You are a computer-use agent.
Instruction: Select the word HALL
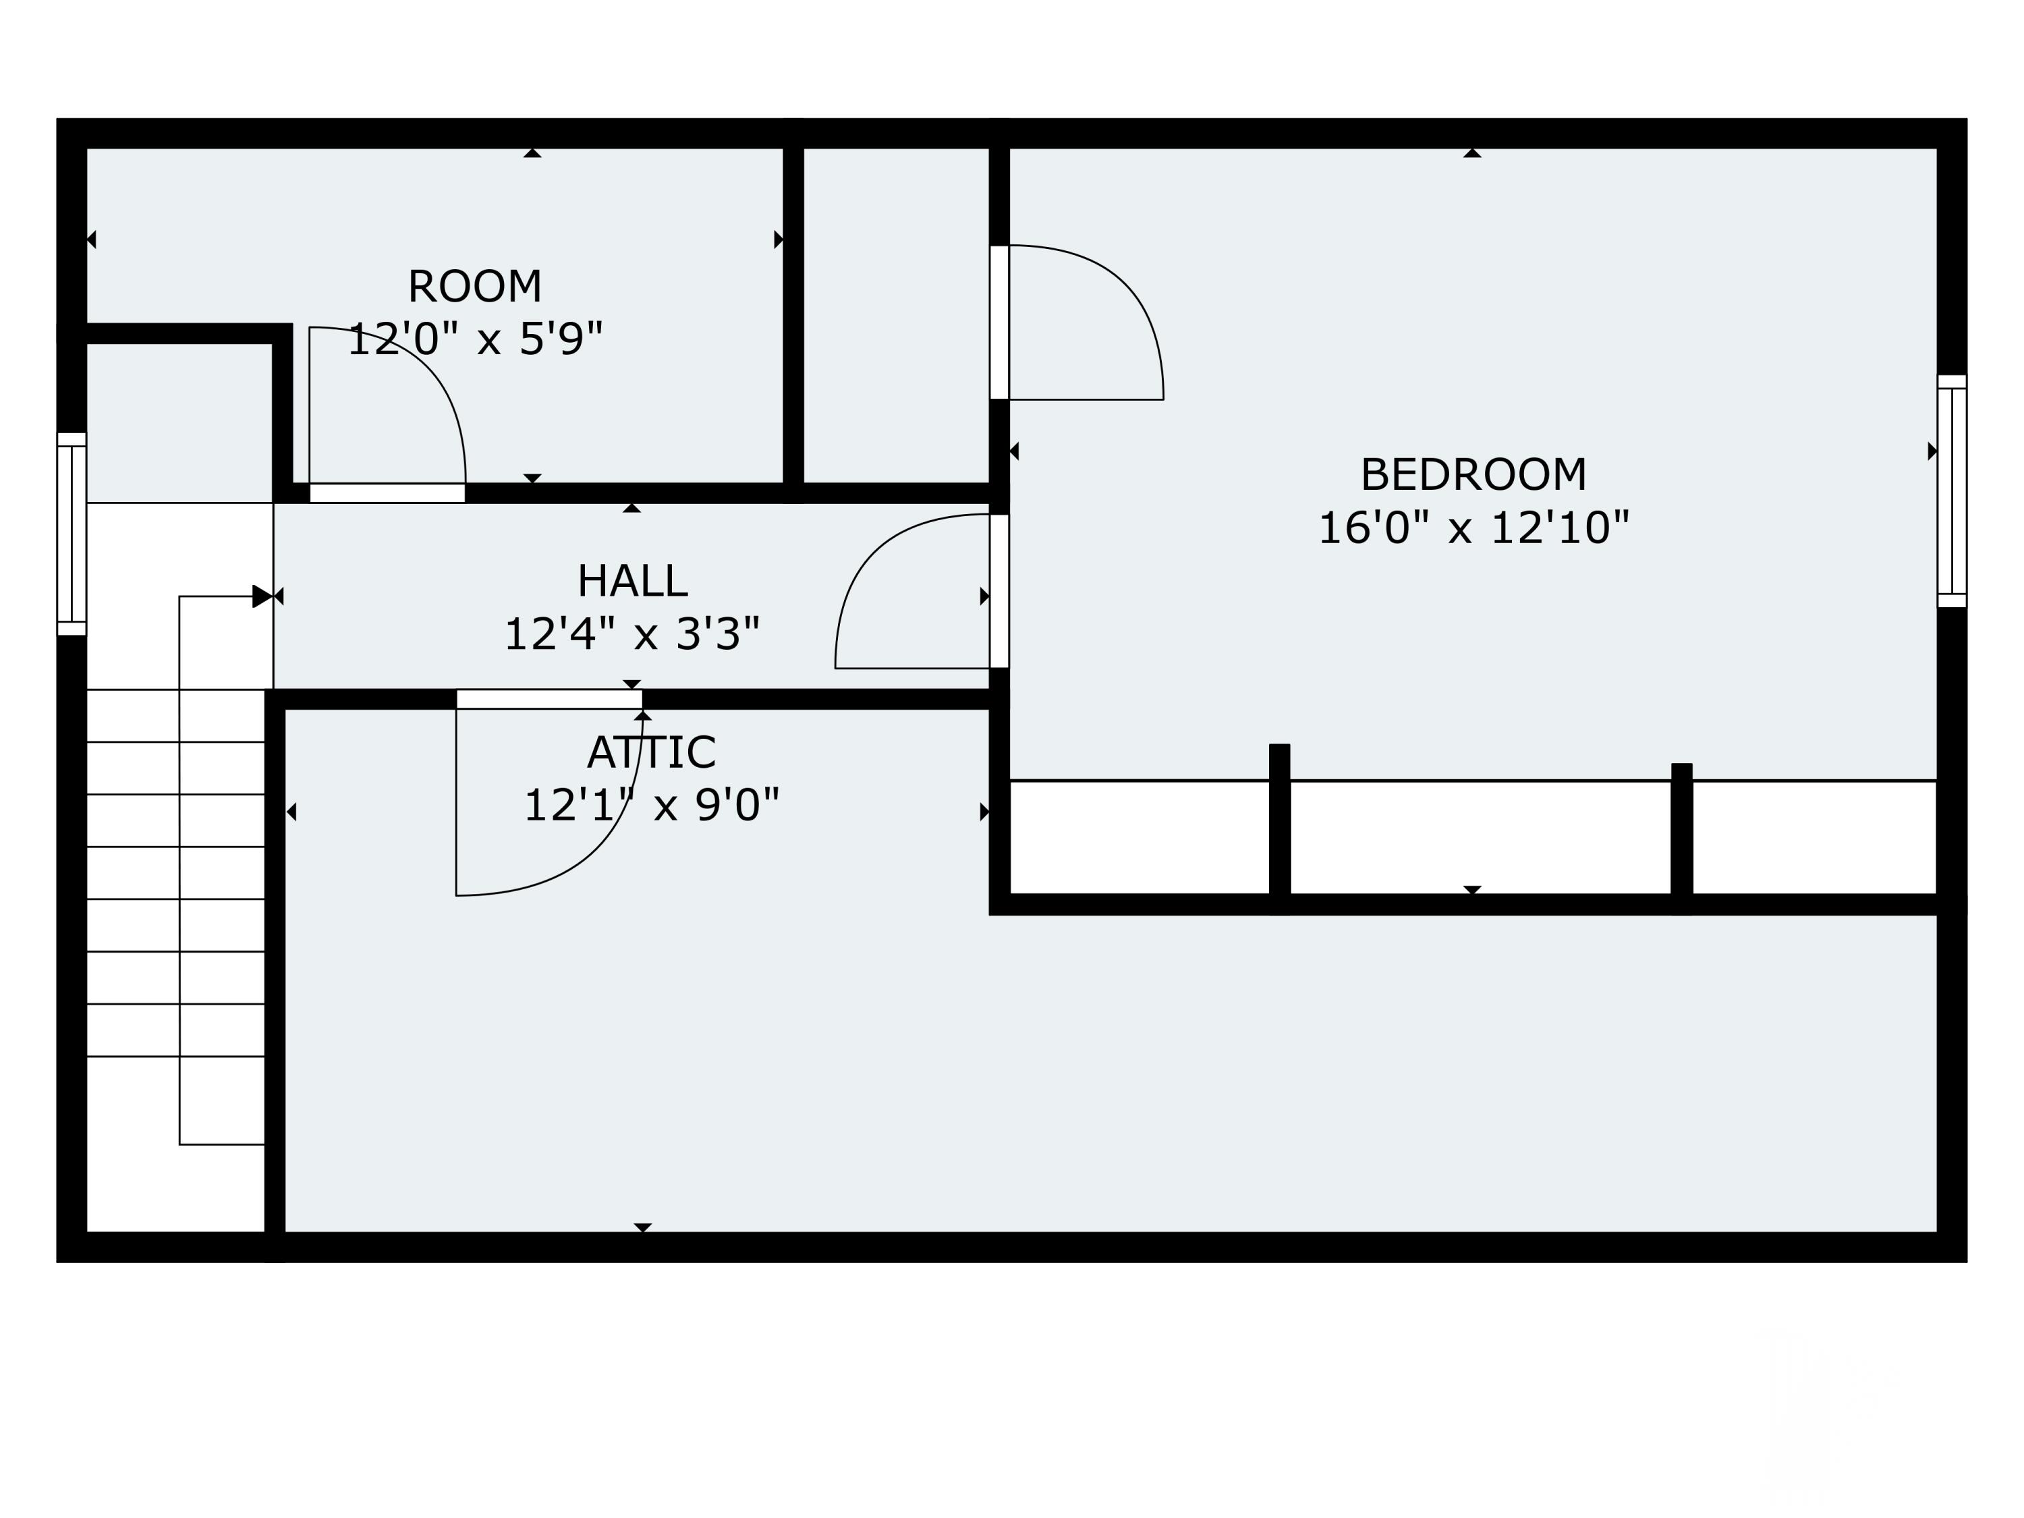click(631, 581)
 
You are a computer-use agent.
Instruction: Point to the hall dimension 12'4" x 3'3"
click(631, 634)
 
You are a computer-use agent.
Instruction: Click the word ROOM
click(474, 287)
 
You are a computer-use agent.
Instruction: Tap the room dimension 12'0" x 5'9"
click(474, 339)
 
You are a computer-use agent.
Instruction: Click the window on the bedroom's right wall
click(1951, 491)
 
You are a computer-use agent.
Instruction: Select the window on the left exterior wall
click(72, 534)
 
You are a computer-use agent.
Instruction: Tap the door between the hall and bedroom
click(999, 591)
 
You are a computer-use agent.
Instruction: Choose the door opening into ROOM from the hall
click(387, 493)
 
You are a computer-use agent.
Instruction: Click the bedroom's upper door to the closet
click(999, 322)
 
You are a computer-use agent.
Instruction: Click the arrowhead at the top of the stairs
click(262, 596)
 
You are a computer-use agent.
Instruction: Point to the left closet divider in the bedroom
click(1279, 828)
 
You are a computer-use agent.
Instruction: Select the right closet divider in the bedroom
click(1682, 837)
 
